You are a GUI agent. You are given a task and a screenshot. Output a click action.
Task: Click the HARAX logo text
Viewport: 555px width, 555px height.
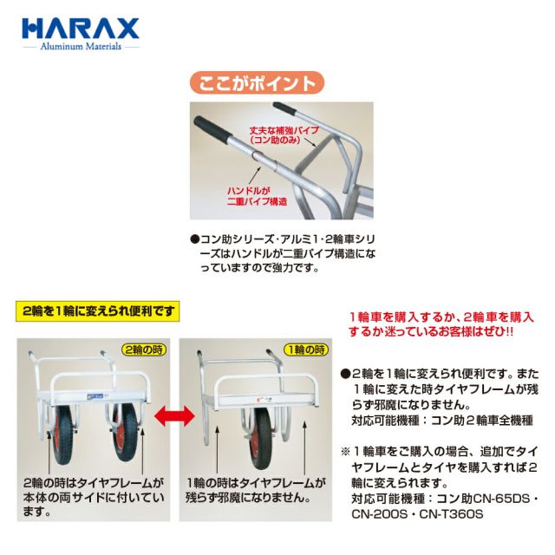point(81,29)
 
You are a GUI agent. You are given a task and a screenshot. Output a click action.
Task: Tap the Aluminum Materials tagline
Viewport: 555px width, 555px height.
point(81,46)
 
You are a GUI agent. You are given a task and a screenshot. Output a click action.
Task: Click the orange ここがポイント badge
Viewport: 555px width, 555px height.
point(258,83)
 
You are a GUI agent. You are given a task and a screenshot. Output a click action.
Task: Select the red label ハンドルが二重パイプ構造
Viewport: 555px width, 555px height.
point(257,197)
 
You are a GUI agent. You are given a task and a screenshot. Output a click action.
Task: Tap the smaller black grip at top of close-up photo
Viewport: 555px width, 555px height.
point(284,108)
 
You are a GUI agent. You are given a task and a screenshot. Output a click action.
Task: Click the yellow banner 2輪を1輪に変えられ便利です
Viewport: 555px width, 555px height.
point(98,311)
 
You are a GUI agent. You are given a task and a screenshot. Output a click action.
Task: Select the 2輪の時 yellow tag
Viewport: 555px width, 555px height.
point(144,350)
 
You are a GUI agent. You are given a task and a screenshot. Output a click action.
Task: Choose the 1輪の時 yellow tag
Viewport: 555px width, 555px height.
point(306,350)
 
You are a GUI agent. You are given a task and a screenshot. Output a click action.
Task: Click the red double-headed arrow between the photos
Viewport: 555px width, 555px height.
point(175,416)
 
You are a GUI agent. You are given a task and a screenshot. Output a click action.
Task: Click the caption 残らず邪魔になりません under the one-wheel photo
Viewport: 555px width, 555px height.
point(248,498)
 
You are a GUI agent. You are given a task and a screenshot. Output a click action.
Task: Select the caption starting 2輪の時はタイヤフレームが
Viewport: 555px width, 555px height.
point(94,498)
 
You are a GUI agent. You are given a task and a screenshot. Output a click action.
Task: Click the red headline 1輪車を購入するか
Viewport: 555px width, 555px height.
point(441,324)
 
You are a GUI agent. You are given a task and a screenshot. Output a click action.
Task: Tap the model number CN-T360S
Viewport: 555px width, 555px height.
point(451,513)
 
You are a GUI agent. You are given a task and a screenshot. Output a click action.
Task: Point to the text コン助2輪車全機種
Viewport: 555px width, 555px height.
point(482,420)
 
